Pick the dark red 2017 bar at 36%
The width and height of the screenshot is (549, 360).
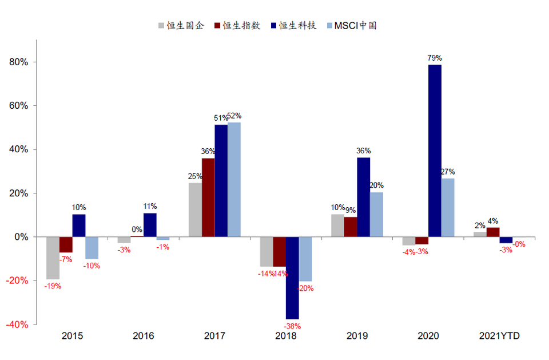click(x=208, y=197)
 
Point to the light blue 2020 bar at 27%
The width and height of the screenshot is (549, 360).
click(x=448, y=207)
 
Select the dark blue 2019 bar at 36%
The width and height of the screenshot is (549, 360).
click(x=364, y=197)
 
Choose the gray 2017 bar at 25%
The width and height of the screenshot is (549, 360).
click(x=195, y=209)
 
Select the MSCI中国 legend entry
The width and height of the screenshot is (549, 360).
click(x=351, y=26)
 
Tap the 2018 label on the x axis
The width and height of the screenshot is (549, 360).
click(x=285, y=336)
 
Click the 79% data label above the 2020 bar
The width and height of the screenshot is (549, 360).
click(x=435, y=58)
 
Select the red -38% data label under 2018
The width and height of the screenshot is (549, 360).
click(x=292, y=326)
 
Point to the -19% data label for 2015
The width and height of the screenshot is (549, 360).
click(x=53, y=286)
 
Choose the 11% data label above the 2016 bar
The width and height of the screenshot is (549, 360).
click(x=150, y=206)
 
